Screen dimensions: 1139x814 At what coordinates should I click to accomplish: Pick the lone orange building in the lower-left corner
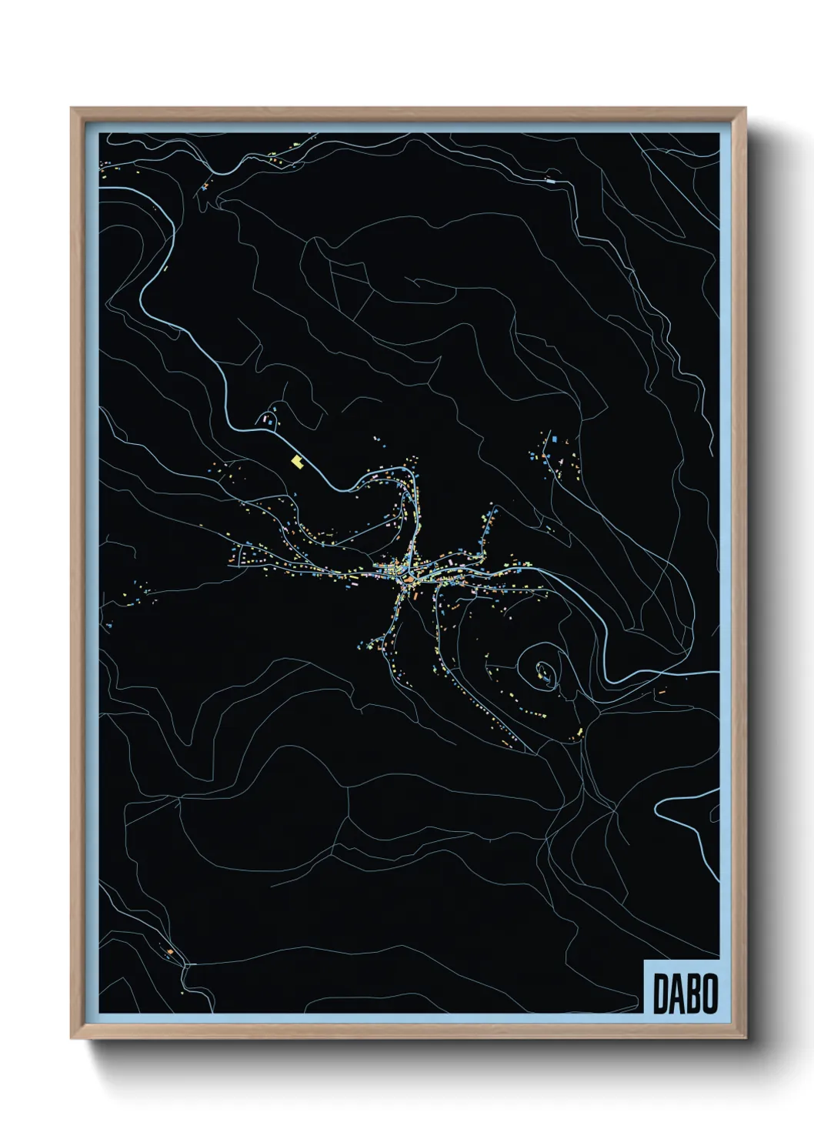[171, 952]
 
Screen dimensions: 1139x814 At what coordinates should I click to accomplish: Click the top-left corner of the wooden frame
[72, 109]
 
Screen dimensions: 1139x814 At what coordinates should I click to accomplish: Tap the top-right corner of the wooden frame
[745, 109]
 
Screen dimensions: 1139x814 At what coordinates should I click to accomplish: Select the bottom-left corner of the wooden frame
[72, 1038]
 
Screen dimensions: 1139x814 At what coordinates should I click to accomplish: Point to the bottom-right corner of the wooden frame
[745, 1038]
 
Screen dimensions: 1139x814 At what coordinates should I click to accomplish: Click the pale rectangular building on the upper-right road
[549, 180]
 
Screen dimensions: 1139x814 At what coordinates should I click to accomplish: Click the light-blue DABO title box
[682, 987]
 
